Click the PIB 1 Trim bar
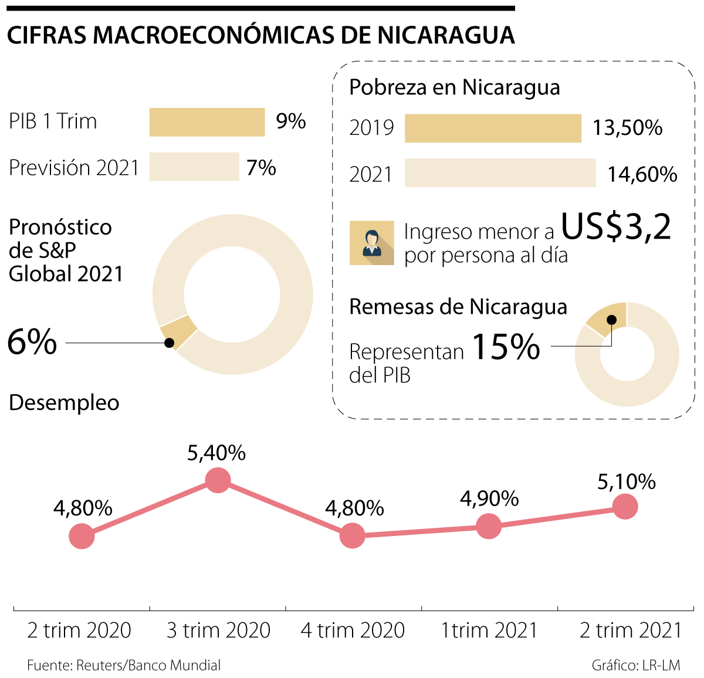pyautogui.click(x=207, y=122)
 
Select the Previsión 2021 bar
pyautogui.click(x=194, y=167)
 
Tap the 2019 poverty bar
pyautogui.click(x=493, y=128)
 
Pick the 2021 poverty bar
pyautogui.click(x=500, y=173)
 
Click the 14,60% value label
pyautogui.click(x=642, y=174)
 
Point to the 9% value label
pyautogui.click(x=291, y=121)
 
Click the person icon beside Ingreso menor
pyautogui.click(x=371, y=243)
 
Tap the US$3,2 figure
pyautogui.click(x=616, y=226)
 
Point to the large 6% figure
pyautogui.click(x=32, y=341)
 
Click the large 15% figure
pyautogui.click(x=506, y=347)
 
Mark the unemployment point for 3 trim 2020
pyautogui.click(x=218, y=480)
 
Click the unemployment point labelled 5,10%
pyautogui.click(x=625, y=506)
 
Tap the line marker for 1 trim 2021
pyautogui.click(x=489, y=526)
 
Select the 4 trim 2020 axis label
pyautogui.click(x=353, y=630)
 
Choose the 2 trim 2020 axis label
pyautogui.click(x=79, y=630)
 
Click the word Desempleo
pyautogui.click(x=64, y=403)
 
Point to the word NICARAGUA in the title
pyautogui.click(x=446, y=36)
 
